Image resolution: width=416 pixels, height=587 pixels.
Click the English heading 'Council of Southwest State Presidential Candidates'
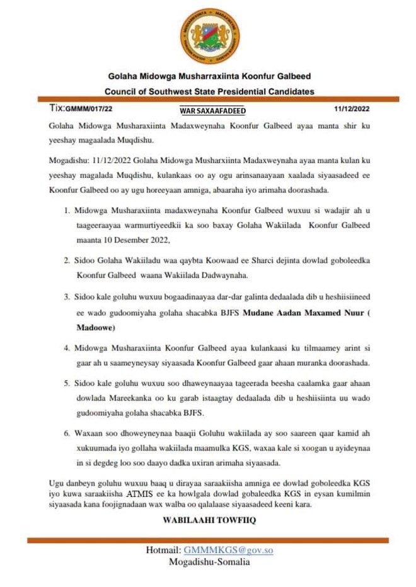(209, 91)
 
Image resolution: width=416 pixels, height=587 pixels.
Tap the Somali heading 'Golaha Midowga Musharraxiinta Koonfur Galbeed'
(209, 77)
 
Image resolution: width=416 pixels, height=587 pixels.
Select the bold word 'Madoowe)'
(95, 328)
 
